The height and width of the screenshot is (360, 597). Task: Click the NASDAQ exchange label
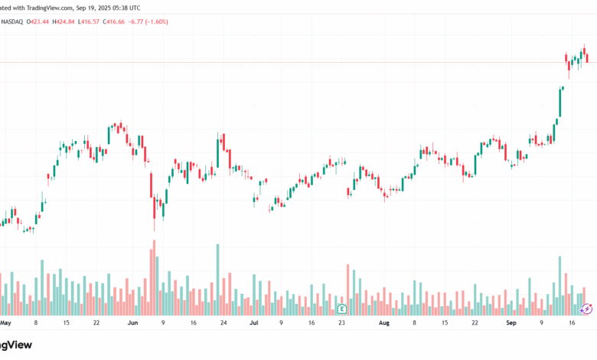pos(13,21)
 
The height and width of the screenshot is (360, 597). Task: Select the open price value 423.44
pos(39,21)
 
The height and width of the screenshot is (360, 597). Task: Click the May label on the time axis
pos(6,323)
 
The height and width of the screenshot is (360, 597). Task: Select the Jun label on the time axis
pos(132,323)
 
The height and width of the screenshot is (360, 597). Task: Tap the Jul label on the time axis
pos(253,323)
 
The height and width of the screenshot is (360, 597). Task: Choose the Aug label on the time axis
pos(384,323)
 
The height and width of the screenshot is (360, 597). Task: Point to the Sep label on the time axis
pos(512,323)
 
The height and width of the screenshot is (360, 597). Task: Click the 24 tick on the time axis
pos(223,323)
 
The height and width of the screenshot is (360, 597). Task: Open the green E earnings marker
pos(341,308)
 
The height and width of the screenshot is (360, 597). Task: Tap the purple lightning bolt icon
pos(587,308)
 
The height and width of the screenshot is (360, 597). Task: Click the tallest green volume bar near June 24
pos(219,280)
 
